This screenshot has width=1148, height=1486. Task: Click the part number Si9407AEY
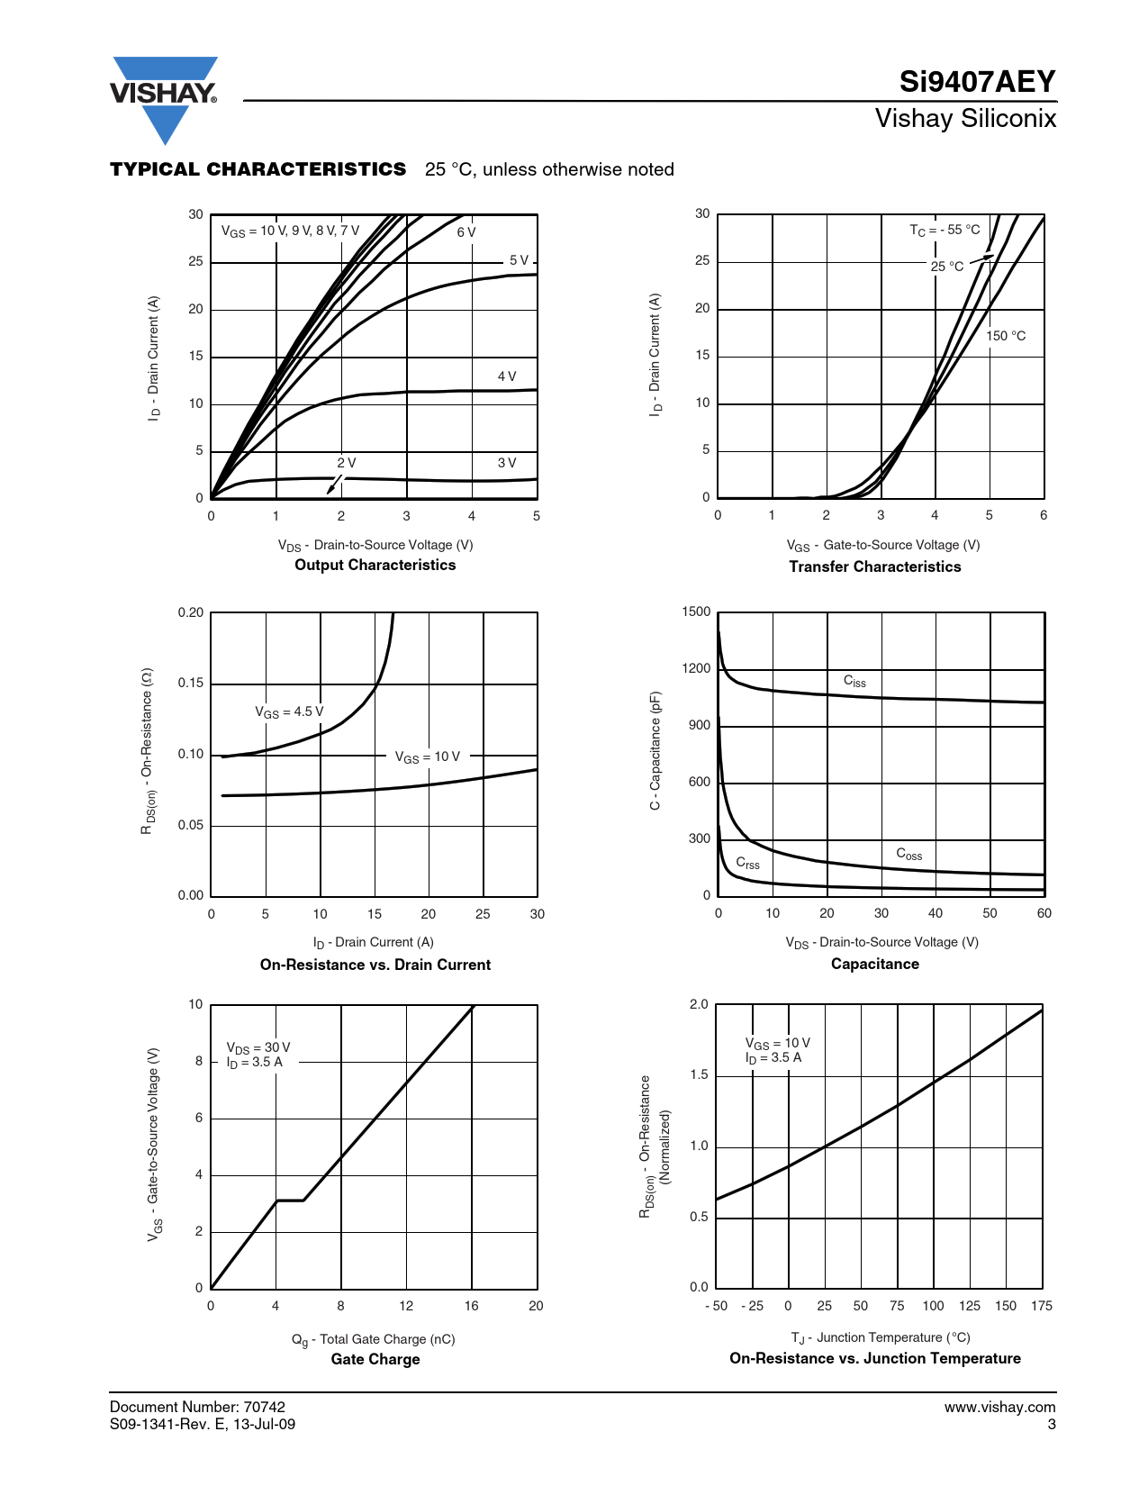tap(977, 82)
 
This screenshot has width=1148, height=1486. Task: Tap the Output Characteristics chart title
tap(375, 565)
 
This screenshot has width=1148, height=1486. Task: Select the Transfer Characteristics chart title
tap(874, 566)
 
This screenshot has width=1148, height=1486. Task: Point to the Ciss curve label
tap(854, 682)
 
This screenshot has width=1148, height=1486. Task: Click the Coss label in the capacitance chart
tap(908, 854)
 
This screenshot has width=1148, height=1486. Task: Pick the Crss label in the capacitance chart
tap(747, 864)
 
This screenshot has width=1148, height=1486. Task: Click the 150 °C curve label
tap(1006, 336)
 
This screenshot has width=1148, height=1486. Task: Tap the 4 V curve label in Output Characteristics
tap(507, 376)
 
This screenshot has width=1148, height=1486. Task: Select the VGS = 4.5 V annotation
tap(289, 711)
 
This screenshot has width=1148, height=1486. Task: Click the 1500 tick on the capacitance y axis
tap(696, 612)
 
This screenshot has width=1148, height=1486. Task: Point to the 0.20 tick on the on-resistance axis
tap(191, 612)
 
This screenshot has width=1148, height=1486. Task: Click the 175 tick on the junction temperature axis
tap(1042, 1306)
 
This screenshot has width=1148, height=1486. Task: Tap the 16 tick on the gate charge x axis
tap(471, 1306)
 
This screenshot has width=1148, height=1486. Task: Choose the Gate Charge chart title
tap(375, 1359)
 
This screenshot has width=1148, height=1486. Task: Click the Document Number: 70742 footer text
tap(197, 1407)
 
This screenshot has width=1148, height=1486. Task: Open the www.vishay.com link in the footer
tap(999, 1407)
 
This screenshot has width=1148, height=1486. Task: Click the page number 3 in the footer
tap(1051, 1424)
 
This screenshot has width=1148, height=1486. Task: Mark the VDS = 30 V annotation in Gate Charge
tap(258, 1047)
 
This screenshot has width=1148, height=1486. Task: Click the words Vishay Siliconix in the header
tap(965, 118)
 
